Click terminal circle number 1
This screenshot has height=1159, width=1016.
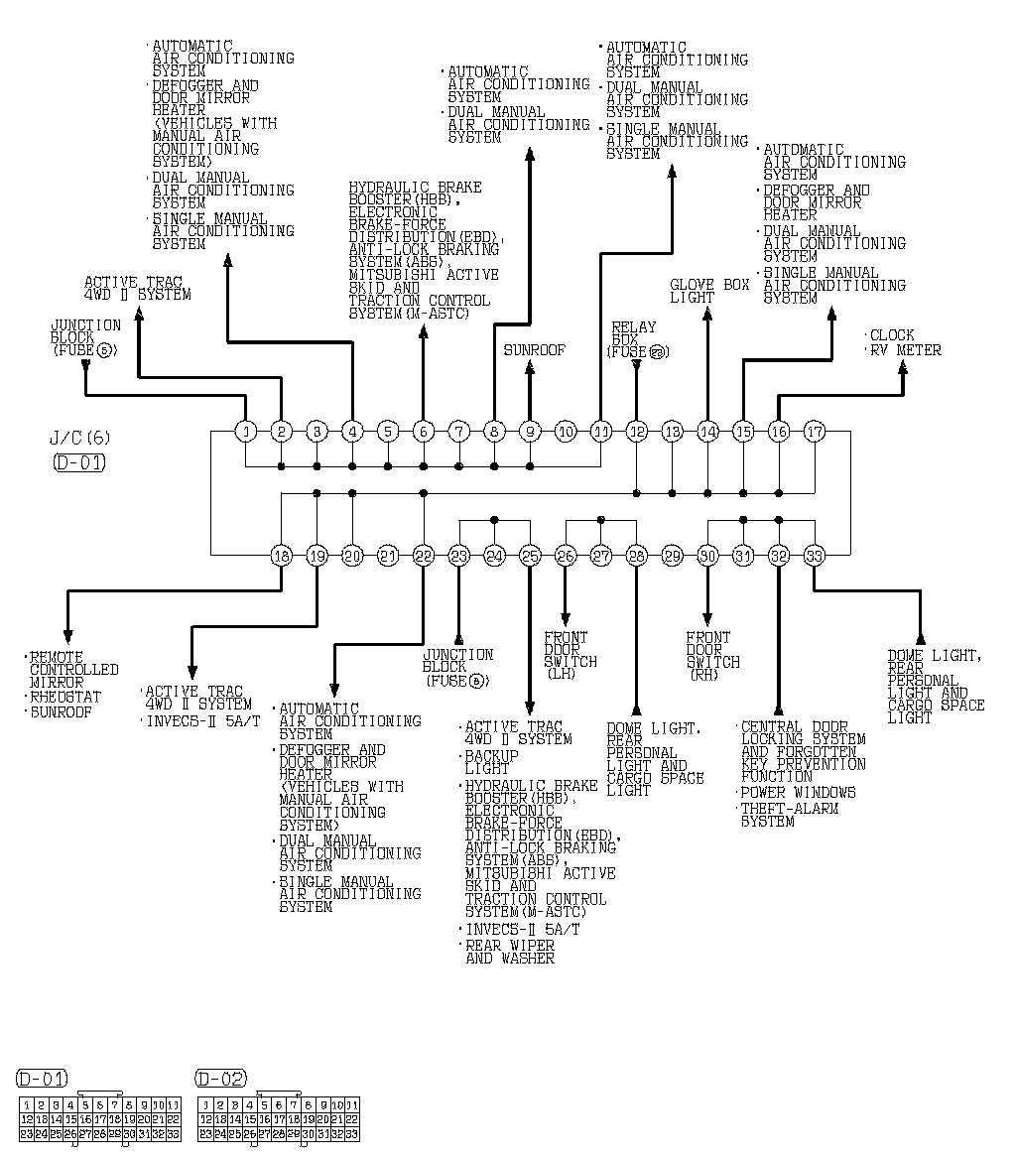point(246,432)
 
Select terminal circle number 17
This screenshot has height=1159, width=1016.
point(815,432)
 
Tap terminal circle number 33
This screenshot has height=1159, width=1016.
point(815,556)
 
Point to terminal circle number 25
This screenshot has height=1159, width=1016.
point(530,556)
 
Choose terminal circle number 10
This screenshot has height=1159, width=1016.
point(566,432)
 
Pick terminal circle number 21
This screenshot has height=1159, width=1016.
point(388,556)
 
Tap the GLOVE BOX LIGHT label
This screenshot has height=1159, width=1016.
point(708,291)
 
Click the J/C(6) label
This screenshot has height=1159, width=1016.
point(77,438)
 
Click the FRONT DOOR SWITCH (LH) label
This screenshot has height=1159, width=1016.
point(570,655)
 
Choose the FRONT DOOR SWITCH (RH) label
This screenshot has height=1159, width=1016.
point(711,655)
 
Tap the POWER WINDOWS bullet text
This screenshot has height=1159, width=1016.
point(797,793)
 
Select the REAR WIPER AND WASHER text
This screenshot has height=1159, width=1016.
point(510,953)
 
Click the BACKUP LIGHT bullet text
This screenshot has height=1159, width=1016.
point(491,762)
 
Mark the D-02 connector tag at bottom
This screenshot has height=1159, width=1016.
point(221,1079)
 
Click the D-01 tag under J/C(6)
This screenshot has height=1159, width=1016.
point(78,461)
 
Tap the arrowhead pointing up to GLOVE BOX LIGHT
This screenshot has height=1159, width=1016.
point(707,315)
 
